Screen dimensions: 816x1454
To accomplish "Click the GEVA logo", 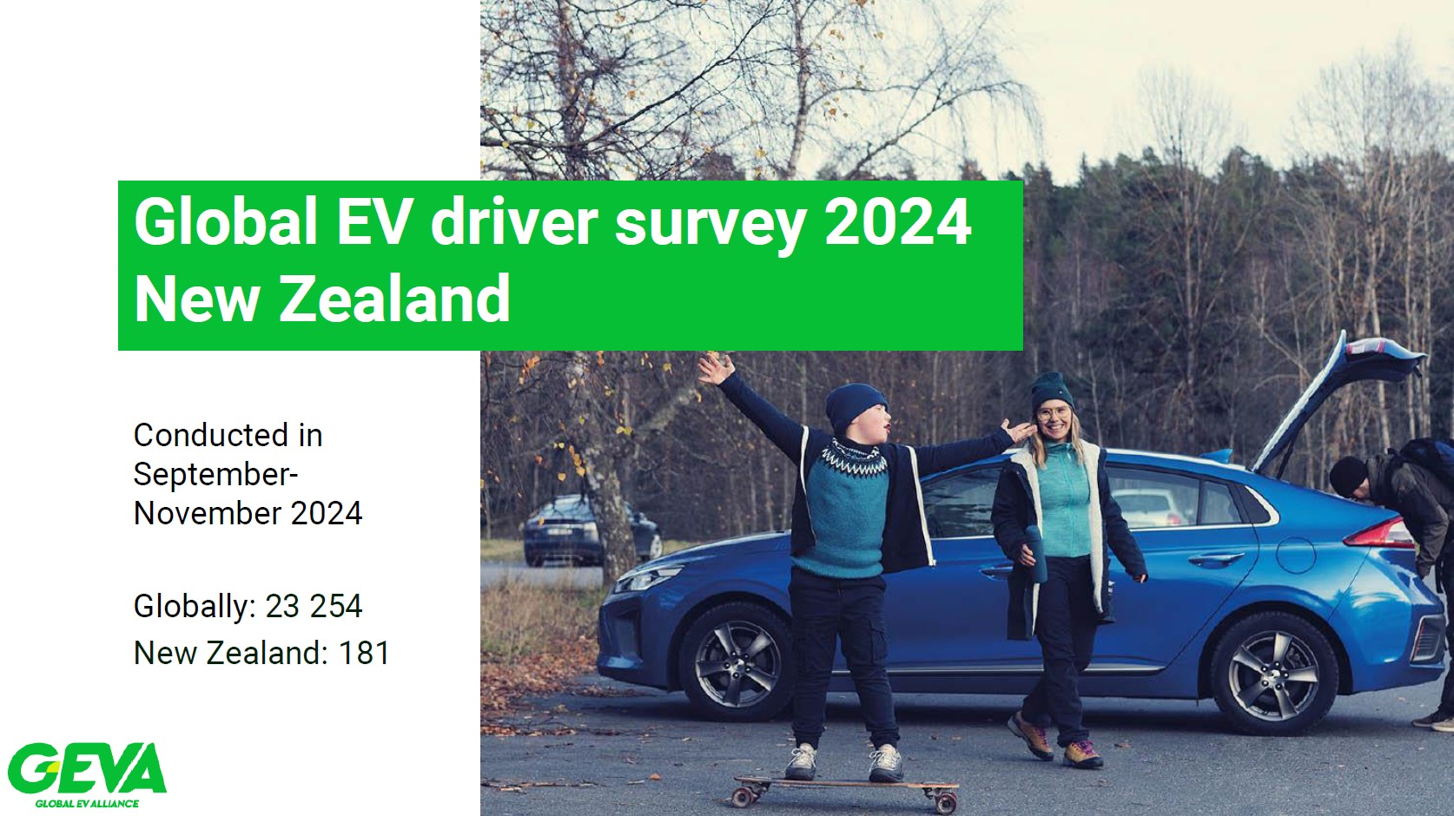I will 87,773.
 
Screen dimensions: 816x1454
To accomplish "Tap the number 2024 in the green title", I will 897,221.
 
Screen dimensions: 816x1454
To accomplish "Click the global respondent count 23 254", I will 314,606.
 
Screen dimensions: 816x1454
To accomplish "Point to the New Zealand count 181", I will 365,653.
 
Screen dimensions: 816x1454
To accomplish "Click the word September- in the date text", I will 215,475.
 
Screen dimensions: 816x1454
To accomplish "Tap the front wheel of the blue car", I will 736,663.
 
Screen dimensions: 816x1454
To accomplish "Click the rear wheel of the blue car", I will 1272,674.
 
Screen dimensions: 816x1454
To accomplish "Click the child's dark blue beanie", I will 856,408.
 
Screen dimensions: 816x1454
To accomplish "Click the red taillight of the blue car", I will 1379,531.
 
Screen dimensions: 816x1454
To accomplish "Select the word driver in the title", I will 514,221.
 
